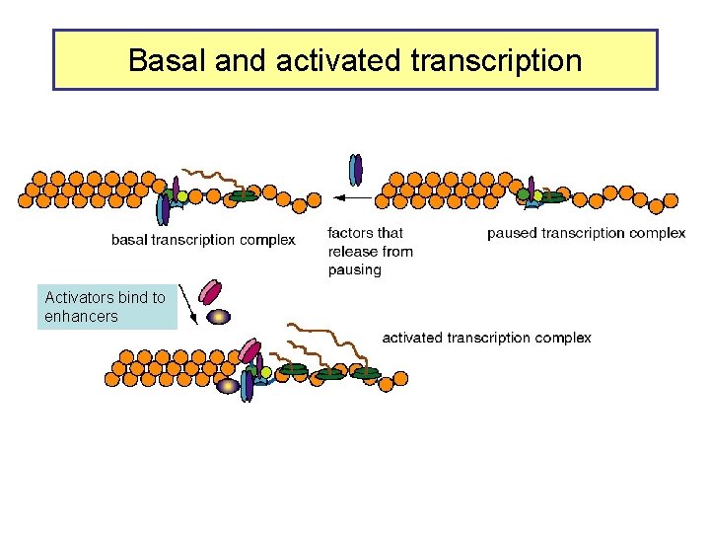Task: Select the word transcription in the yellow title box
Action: (493, 61)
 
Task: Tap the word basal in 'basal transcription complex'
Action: (130, 240)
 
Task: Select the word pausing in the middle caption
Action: (355, 269)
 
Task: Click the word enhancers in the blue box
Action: (81, 317)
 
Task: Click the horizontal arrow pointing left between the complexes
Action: (351, 197)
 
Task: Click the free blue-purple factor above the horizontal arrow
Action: (355, 170)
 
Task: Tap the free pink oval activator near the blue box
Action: (210, 290)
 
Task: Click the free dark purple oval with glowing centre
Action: (219, 316)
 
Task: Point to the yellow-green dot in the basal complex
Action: (182, 196)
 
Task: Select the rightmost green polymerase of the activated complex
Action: (366, 373)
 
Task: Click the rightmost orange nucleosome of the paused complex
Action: (672, 200)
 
